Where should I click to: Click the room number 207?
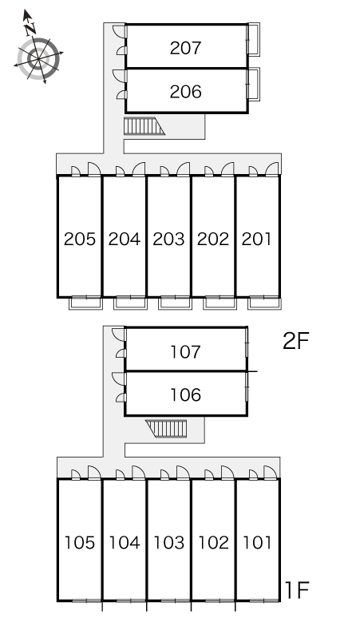(185, 48)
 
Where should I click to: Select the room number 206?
(185, 92)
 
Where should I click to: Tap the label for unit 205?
(80, 240)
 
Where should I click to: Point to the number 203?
(168, 240)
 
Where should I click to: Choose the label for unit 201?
(256, 240)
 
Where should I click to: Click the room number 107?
(185, 351)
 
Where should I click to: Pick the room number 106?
(185, 394)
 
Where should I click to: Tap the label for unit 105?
(80, 543)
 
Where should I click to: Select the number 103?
(169, 543)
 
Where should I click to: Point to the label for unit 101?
(257, 543)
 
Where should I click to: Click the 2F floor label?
(296, 341)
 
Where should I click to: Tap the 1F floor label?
(297, 589)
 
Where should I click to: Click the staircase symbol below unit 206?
(144, 126)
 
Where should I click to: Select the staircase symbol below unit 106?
(166, 429)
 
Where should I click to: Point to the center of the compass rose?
(38, 59)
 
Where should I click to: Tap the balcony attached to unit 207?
(253, 39)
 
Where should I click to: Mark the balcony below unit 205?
(85, 303)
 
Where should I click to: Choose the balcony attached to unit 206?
(253, 85)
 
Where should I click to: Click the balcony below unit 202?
(220, 303)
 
